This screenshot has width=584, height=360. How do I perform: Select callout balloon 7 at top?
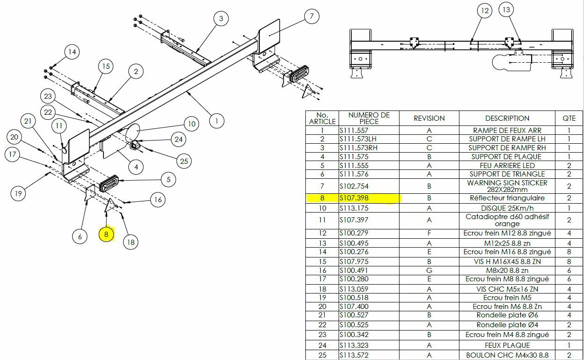coord(311,17)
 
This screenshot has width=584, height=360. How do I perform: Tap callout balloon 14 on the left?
coord(72,52)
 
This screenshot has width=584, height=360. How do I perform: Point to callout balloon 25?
coord(184,161)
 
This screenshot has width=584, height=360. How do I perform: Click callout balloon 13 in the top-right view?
coord(506,10)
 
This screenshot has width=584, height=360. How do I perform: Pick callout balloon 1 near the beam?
coord(216,121)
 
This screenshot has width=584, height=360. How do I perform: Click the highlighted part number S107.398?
coord(354,198)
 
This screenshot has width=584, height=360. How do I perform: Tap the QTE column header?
coord(569,118)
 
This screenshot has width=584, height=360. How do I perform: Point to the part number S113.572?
coord(354,355)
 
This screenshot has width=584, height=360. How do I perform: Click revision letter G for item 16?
coord(429,270)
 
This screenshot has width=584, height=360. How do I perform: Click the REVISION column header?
coord(429,118)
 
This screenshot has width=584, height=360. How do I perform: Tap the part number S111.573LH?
coord(358,139)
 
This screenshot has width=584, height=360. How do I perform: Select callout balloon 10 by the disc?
coord(191,124)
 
